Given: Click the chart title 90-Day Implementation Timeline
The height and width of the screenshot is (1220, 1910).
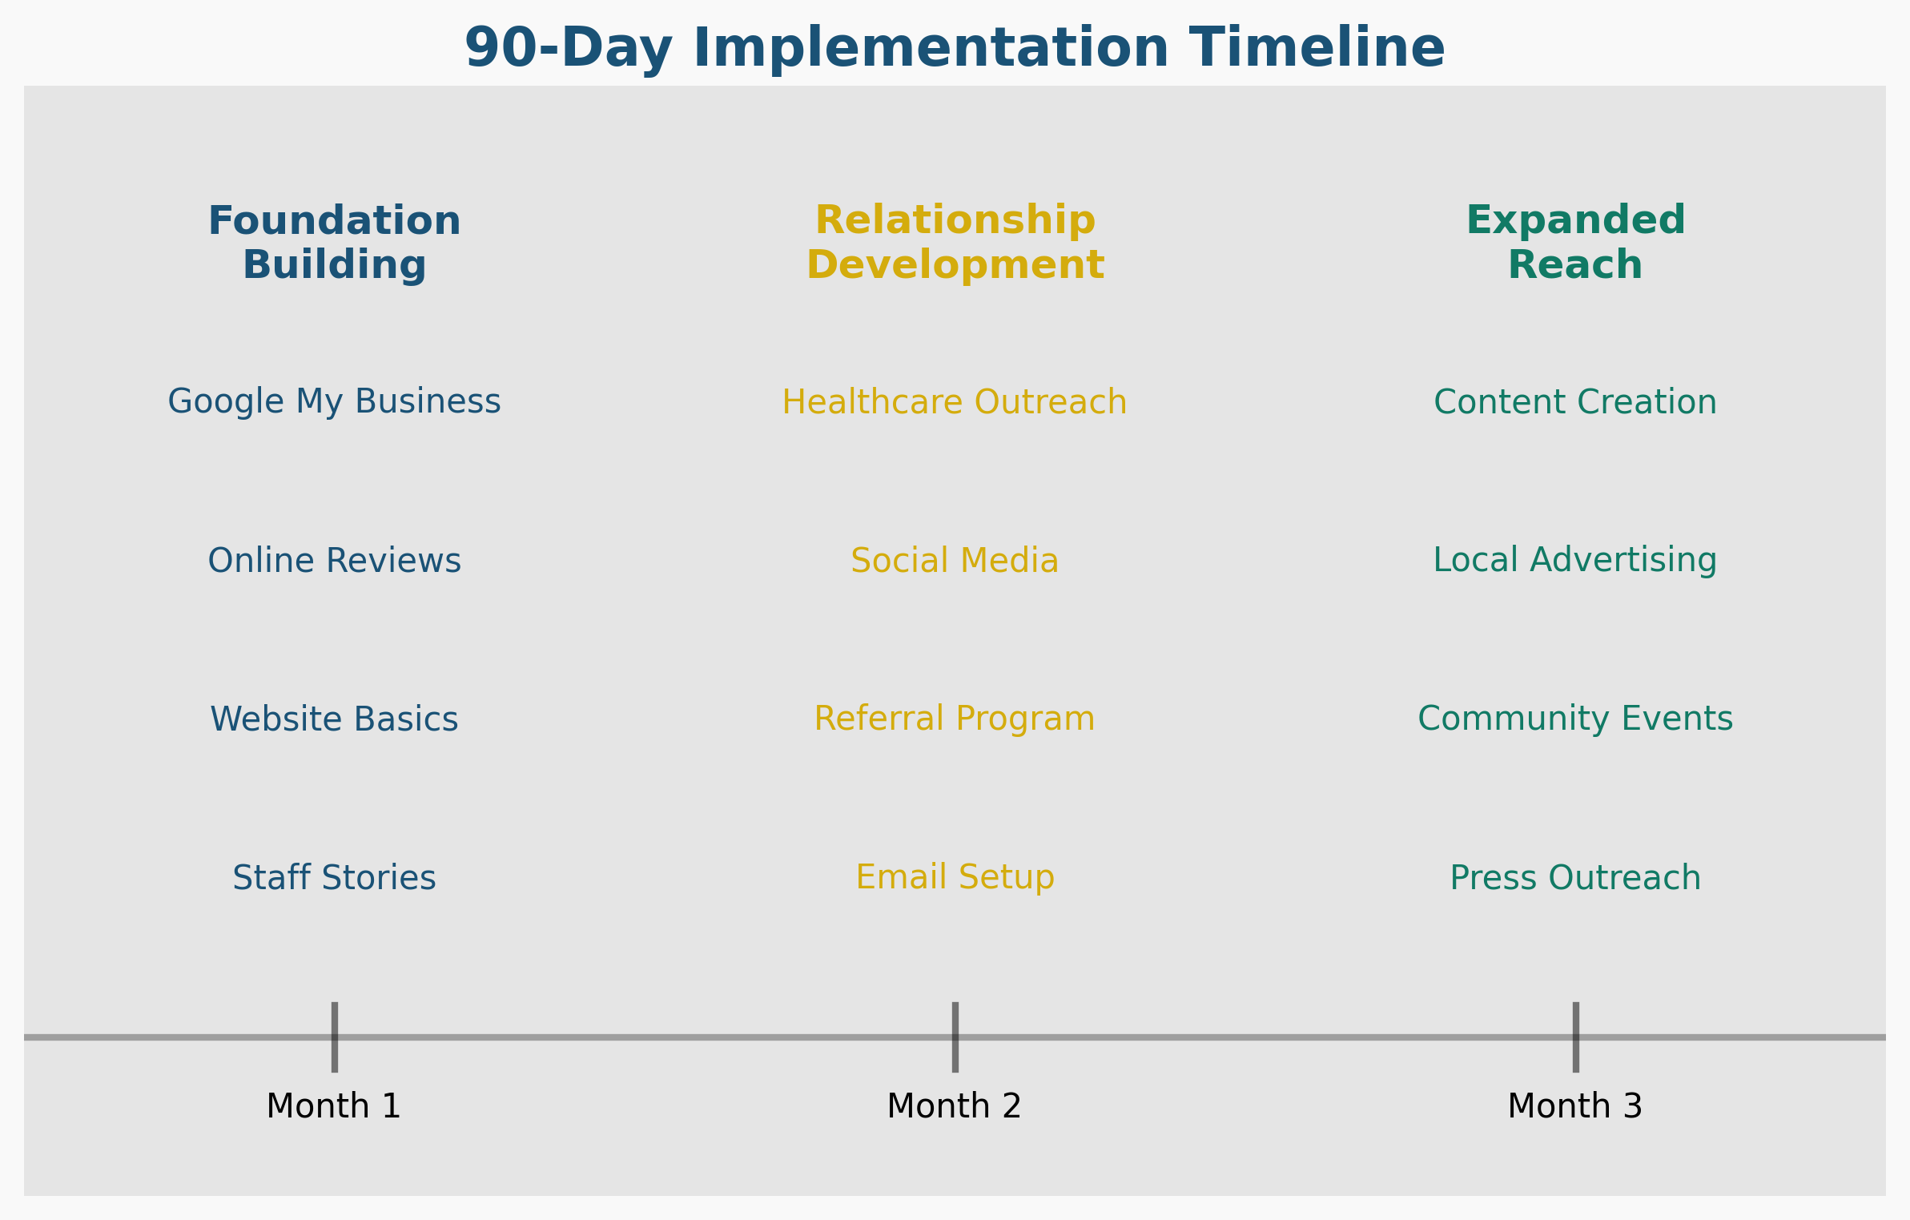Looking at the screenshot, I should coord(955,48).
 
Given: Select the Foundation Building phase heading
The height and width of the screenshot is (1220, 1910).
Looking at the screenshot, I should coord(334,243).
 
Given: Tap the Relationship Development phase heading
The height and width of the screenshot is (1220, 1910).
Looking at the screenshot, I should coord(955,243).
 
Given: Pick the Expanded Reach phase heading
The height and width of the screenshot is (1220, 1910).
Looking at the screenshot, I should coord(1575,243).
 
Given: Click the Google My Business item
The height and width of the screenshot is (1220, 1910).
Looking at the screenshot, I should coord(334,401).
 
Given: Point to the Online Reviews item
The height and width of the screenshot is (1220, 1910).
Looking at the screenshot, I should coord(334,561).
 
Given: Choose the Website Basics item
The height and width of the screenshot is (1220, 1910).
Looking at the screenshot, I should coord(334,719).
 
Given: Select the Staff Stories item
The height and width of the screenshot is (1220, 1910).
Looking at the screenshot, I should coord(334,878).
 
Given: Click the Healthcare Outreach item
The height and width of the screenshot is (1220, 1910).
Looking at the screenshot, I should coord(955,402).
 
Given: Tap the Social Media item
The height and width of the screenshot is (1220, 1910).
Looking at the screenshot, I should coord(955,561).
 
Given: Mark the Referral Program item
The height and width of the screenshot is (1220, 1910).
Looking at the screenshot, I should coord(955,719).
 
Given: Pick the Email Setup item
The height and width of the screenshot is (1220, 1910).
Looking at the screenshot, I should coord(955,877).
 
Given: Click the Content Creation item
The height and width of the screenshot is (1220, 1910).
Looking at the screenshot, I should coord(1575,402).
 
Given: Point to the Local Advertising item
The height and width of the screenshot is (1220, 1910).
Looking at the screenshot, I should coord(1575,561).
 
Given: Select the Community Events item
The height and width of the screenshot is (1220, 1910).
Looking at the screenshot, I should coord(1575,719).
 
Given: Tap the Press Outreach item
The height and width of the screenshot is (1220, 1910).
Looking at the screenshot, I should coord(1575,878).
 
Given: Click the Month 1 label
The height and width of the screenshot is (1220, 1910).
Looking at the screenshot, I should coord(334,1106).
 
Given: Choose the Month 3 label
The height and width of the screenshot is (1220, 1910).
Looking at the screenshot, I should coord(1575,1106).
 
